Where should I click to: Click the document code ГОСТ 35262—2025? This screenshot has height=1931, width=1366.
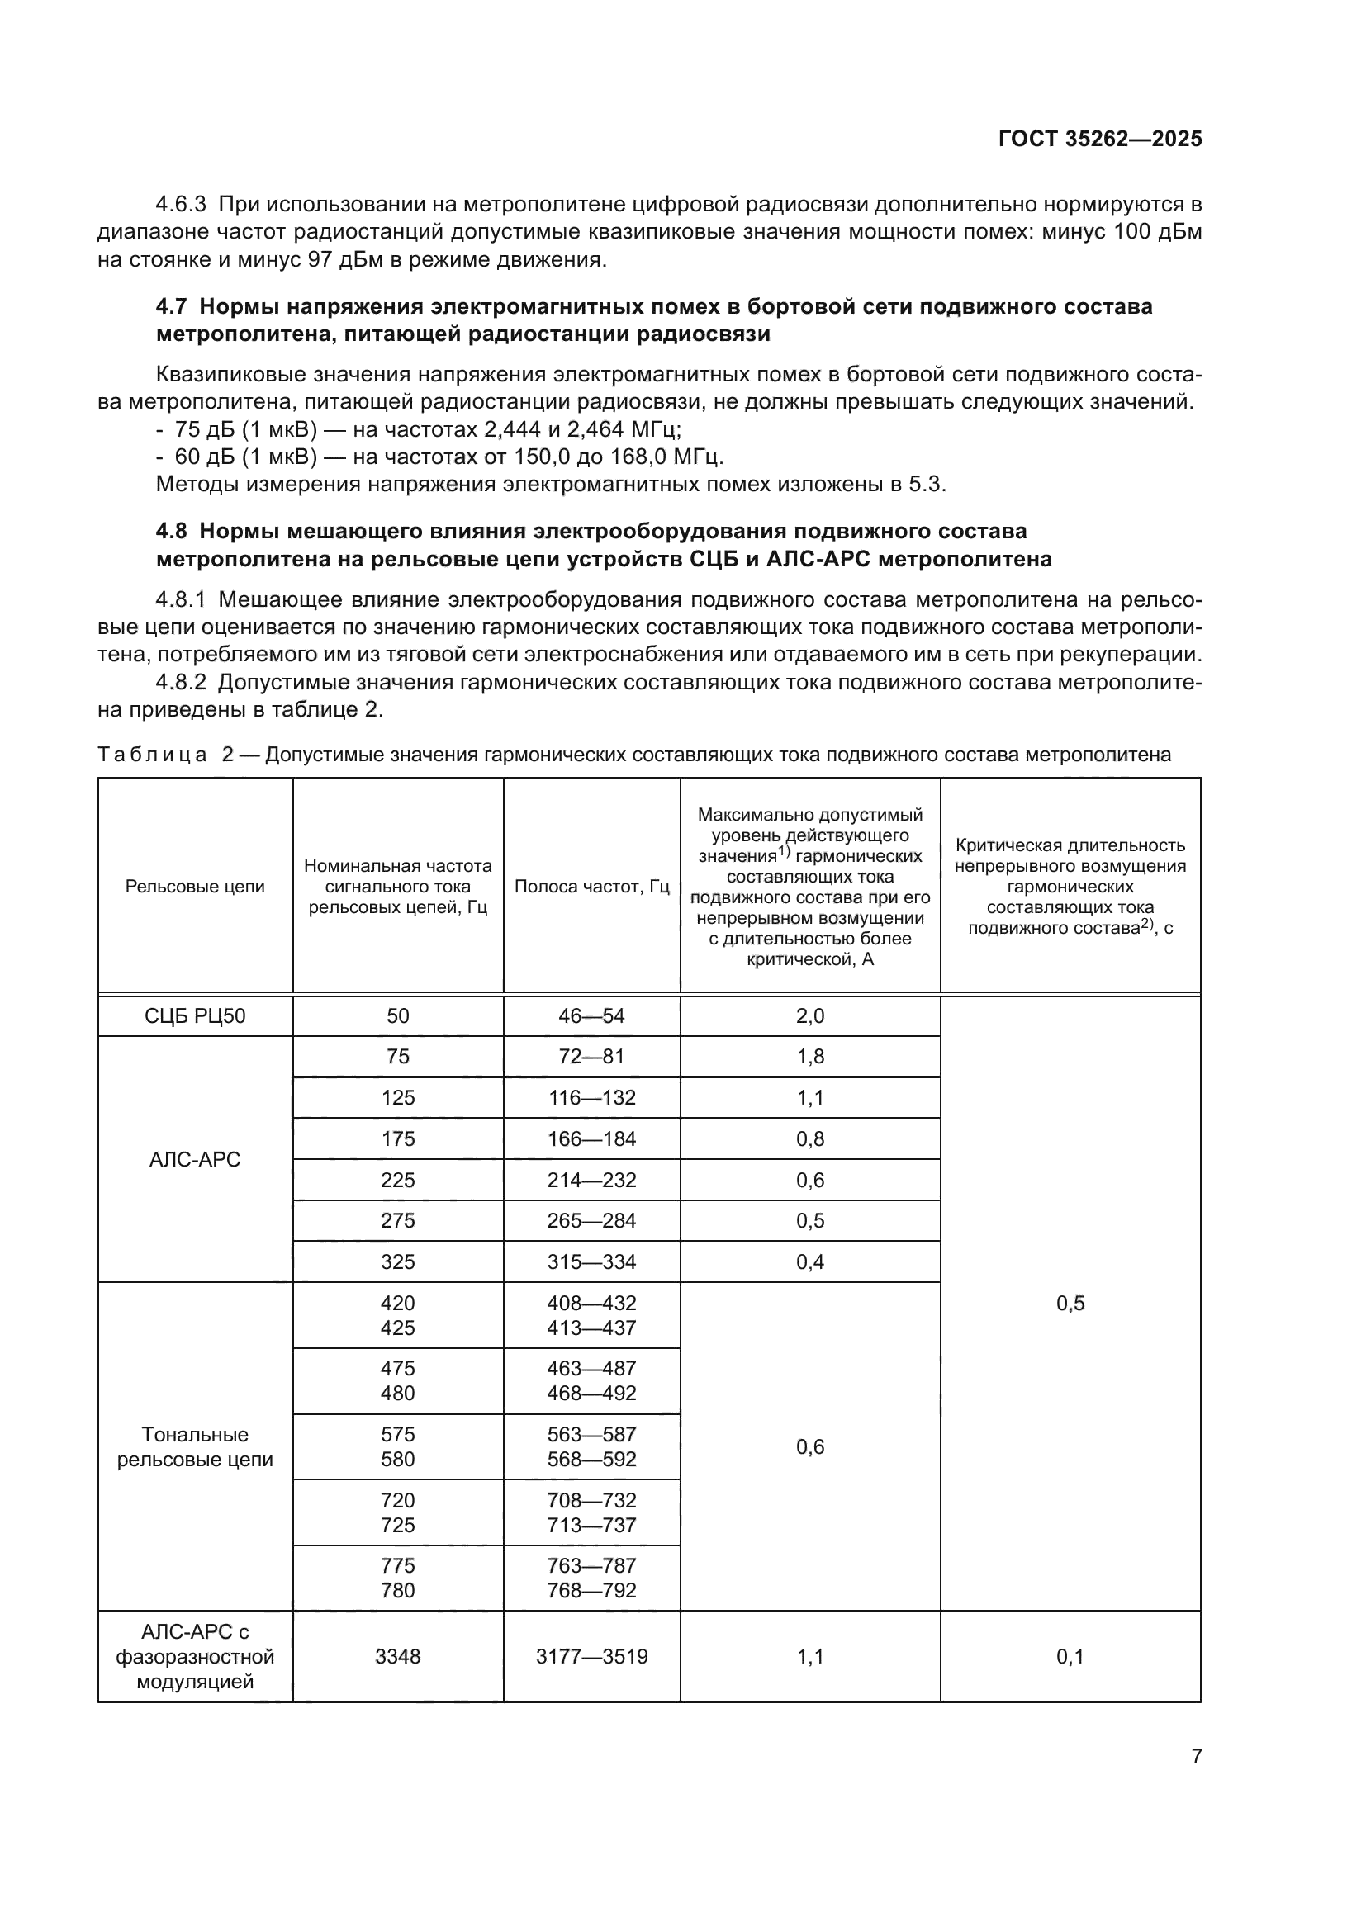[1099, 140]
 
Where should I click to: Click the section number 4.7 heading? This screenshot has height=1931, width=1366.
[174, 307]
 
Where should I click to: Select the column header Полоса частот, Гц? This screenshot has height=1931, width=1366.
[591, 887]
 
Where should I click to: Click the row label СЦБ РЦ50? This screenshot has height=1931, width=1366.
[195, 1016]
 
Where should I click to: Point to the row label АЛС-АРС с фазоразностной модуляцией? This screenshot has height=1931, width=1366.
[195, 1656]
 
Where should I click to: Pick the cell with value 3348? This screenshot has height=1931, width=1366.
[397, 1656]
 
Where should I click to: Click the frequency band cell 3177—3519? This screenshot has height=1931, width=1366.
[591, 1656]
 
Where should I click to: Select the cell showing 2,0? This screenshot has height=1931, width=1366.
[810, 1016]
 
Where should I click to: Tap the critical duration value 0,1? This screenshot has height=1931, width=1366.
[1070, 1656]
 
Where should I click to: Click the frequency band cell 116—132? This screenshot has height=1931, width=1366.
[591, 1097]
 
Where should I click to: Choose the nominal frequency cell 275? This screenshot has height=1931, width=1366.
[397, 1220]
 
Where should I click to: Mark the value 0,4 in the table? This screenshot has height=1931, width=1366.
[810, 1261]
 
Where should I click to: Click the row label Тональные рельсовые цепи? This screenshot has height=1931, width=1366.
[195, 1446]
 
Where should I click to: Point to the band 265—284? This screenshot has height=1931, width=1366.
[591, 1220]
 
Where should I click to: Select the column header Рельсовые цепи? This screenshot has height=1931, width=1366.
[195, 887]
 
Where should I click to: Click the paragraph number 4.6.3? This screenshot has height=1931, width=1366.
[181, 205]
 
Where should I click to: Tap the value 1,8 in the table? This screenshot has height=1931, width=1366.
[810, 1057]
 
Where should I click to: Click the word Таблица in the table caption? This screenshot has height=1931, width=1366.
[152, 755]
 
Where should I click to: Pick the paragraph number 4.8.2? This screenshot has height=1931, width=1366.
[181, 682]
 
